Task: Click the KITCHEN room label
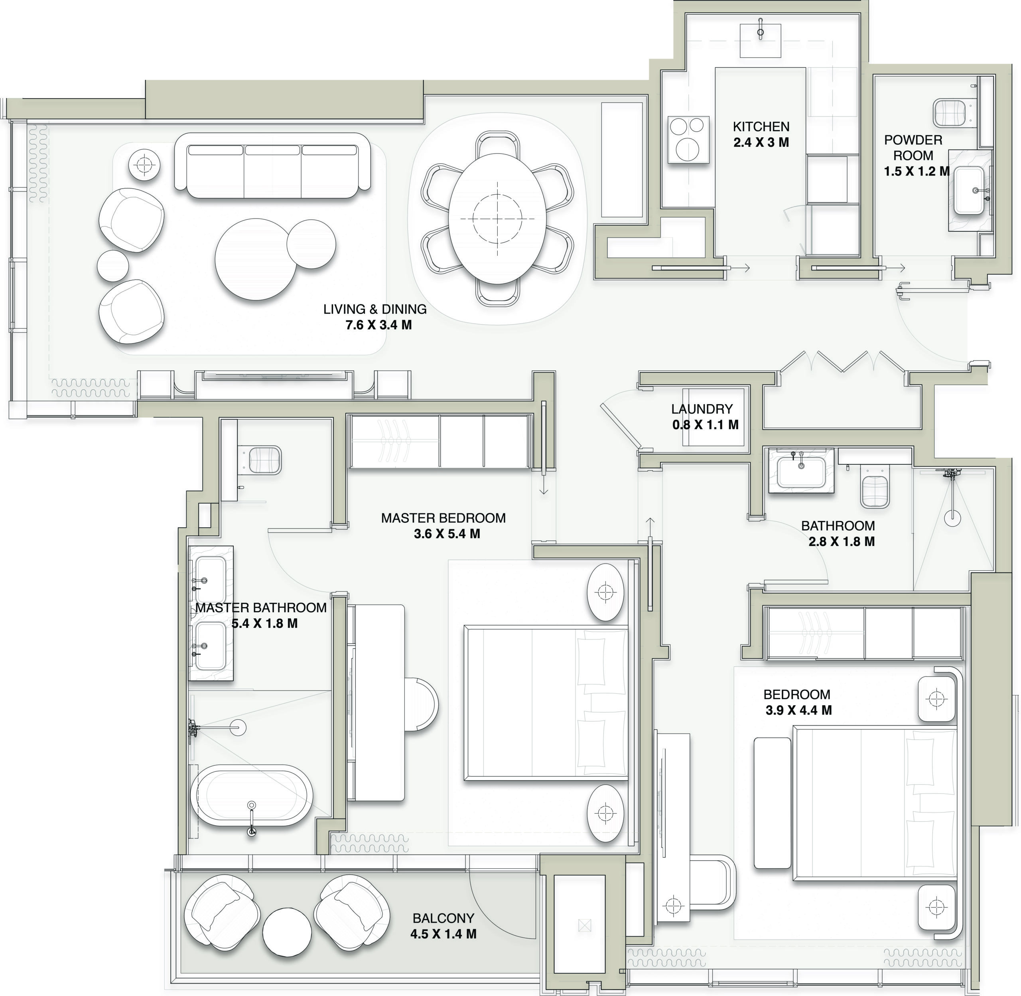[x=761, y=126]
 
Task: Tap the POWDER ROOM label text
[x=913, y=148]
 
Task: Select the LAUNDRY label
[x=702, y=409]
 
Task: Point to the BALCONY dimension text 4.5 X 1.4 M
[x=443, y=934]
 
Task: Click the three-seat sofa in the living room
[x=272, y=165]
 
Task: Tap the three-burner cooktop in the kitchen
[x=688, y=140]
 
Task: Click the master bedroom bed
[x=546, y=703]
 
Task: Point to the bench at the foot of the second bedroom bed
[x=772, y=803]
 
